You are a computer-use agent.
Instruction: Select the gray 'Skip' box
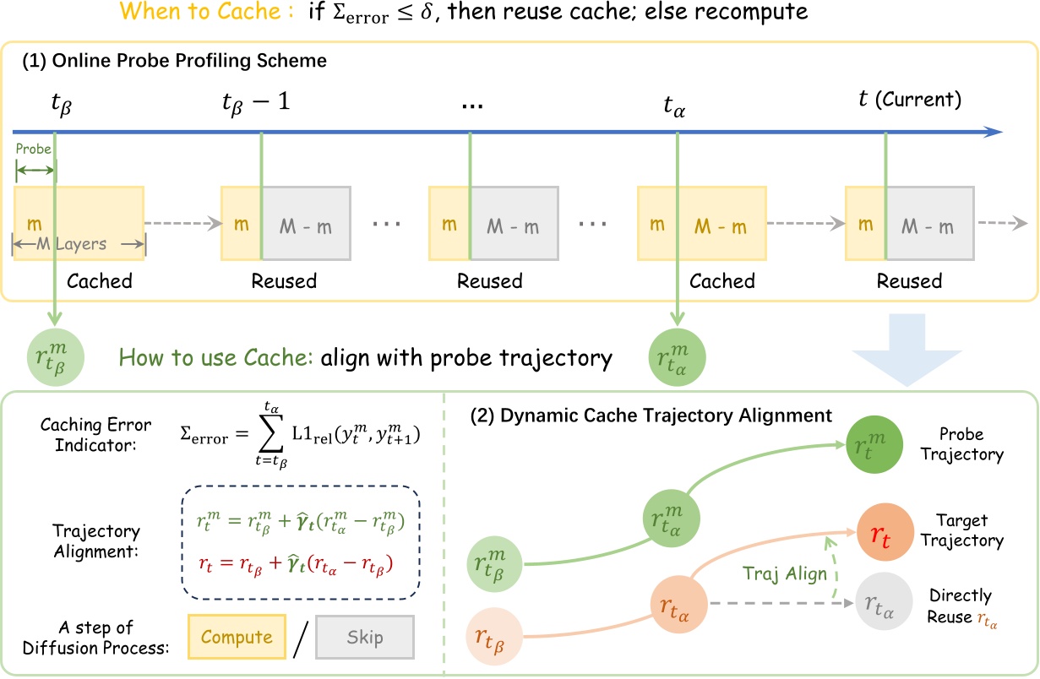(x=365, y=638)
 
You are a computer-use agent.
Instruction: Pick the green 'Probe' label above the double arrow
(x=34, y=149)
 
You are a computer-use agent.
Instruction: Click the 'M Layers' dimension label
(x=79, y=244)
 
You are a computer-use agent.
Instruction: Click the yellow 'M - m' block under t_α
(x=720, y=226)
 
